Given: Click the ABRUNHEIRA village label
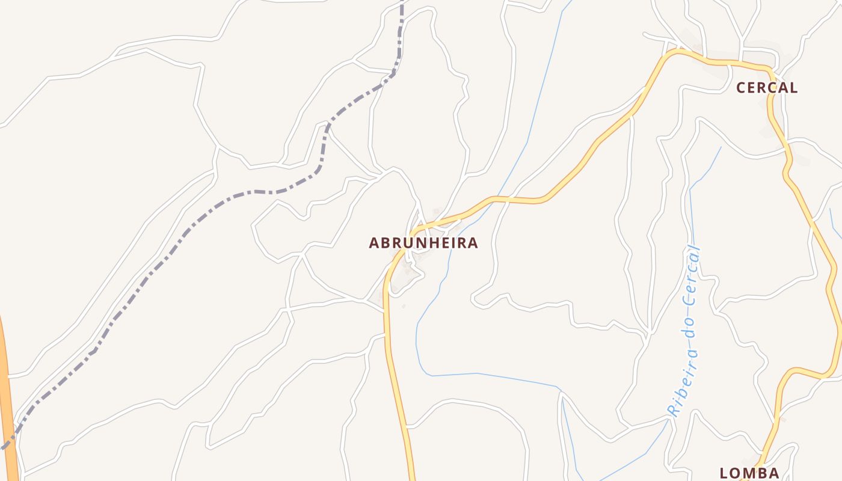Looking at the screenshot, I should (423, 243).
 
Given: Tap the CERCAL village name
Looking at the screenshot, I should (767, 88).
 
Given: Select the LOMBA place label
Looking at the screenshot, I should (749, 473).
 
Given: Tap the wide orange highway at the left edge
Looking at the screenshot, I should (7, 391).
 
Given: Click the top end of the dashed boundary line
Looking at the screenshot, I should (402, 2).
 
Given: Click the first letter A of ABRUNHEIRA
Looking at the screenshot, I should (373, 243).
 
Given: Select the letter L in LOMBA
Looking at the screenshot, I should (724, 473).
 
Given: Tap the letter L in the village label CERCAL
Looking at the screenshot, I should (794, 88).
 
